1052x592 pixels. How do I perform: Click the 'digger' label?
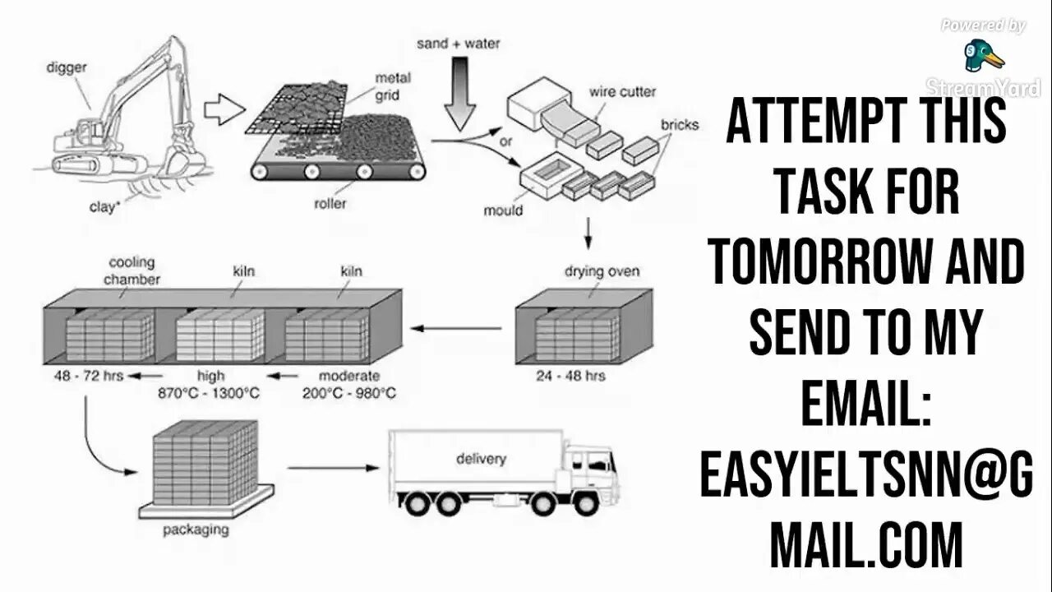click(x=67, y=67)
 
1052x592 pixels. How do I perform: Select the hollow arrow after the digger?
click(x=224, y=109)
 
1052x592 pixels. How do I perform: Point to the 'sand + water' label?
click(x=458, y=43)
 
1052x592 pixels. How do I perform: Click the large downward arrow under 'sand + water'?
click(x=459, y=99)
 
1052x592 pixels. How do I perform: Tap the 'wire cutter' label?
click(x=622, y=92)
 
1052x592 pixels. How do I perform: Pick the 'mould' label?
click(x=503, y=210)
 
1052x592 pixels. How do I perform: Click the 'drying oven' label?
click(x=602, y=271)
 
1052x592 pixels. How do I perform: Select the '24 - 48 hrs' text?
click(x=570, y=376)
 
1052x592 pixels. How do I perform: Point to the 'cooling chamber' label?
click(x=131, y=271)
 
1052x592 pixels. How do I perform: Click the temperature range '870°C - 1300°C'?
click(x=209, y=393)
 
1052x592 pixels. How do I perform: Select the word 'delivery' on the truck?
click(x=481, y=458)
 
